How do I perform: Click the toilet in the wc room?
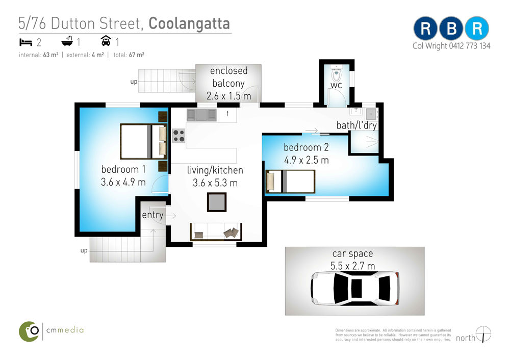tap(336, 73)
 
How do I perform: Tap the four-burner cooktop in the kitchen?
tap(178, 136)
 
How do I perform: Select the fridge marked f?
tap(227, 115)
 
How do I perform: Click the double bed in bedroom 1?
tap(143, 141)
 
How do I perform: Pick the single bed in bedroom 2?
tap(290, 182)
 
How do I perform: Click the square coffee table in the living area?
tap(217, 202)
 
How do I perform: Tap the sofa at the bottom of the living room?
tap(216, 232)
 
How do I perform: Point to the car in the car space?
tap(355, 288)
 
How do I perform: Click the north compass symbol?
tap(483, 335)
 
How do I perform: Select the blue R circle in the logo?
tap(477, 29)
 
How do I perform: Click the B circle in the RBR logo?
tap(451, 29)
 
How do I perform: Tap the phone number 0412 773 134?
tap(470, 46)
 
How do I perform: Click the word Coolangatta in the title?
tap(189, 23)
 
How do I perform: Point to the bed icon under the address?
tap(25, 42)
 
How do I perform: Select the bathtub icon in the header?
tap(67, 41)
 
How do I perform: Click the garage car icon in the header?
tap(106, 41)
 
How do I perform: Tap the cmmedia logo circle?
tap(29, 331)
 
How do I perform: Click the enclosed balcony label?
tap(228, 77)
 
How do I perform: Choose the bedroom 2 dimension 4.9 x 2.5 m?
tap(307, 160)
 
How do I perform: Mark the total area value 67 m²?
tap(137, 55)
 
